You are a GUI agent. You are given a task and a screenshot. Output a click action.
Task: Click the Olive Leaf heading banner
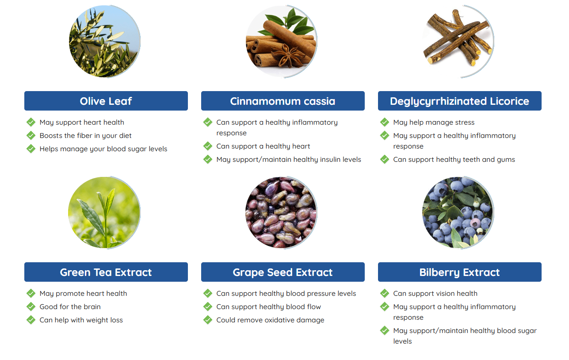click(106, 101)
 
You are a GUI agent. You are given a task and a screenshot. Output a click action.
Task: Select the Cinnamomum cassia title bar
click(283, 101)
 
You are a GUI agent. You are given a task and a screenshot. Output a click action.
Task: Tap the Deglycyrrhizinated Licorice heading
click(459, 101)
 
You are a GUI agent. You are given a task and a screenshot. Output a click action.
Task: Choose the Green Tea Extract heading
click(106, 272)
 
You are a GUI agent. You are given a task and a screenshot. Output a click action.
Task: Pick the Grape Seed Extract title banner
click(283, 272)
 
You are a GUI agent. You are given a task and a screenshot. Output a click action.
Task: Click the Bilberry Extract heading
click(459, 272)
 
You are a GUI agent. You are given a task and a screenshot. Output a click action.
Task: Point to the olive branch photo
click(104, 41)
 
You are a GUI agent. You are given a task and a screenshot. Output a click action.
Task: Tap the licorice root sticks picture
click(458, 41)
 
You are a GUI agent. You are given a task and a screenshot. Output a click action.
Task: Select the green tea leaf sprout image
click(104, 212)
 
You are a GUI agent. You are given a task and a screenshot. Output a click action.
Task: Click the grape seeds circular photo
click(281, 212)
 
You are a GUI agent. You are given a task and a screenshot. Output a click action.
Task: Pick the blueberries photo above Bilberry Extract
click(458, 212)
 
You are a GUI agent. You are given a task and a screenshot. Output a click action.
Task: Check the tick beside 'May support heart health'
click(31, 122)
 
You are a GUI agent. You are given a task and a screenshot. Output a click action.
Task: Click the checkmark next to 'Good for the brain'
click(31, 306)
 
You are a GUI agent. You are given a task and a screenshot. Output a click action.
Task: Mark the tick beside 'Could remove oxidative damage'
click(208, 320)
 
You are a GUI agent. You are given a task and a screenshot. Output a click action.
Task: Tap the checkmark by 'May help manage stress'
click(385, 122)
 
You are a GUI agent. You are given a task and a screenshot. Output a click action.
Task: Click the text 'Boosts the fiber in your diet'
click(86, 136)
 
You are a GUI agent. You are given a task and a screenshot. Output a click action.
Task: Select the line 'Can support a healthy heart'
click(263, 146)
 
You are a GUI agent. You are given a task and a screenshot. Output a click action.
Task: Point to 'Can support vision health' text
click(435, 293)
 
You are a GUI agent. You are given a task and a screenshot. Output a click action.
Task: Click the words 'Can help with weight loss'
click(81, 320)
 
